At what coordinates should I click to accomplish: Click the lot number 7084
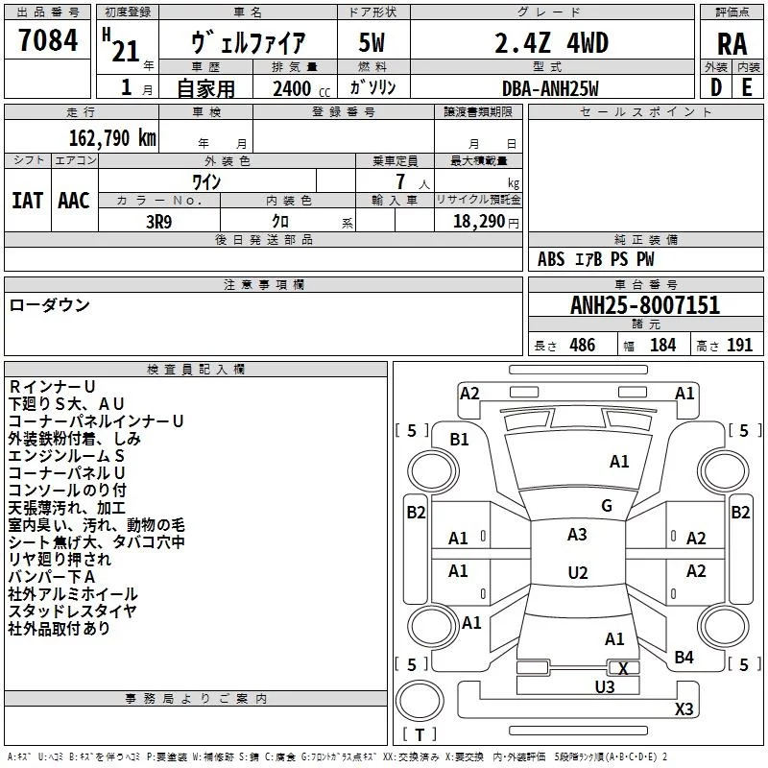click(48, 41)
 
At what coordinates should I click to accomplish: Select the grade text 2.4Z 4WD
click(550, 42)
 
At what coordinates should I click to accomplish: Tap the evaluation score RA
click(732, 43)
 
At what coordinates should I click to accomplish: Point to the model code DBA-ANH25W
click(550, 88)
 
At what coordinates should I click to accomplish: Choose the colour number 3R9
click(160, 220)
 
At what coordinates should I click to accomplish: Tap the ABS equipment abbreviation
click(551, 259)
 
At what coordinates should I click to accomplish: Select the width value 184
click(662, 346)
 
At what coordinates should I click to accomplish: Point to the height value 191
click(739, 346)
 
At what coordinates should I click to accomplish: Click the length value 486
click(582, 346)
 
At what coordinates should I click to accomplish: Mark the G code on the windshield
click(607, 506)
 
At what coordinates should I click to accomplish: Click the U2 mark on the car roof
click(577, 573)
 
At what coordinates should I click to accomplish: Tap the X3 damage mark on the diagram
click(684, 708)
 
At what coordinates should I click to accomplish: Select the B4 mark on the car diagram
click(684, 657)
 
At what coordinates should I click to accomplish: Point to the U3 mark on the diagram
click(604, 686)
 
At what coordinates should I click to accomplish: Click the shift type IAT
click(27, 200)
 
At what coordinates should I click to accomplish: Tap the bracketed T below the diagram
click(420, 735)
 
